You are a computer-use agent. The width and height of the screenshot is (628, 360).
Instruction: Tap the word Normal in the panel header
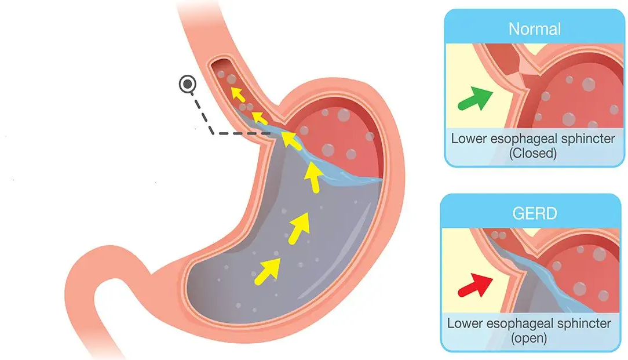534,28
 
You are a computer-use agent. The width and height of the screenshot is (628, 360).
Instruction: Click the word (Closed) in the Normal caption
532,154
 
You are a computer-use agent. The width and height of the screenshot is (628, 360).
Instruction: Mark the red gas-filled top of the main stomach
336,136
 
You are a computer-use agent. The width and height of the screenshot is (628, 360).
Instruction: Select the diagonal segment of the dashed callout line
203,113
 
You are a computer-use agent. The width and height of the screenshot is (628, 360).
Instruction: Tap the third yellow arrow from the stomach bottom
313,177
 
